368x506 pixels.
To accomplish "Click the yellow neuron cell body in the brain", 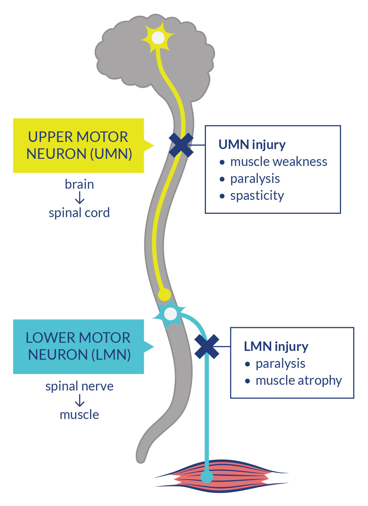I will pyautogui.click(x=158, y=38).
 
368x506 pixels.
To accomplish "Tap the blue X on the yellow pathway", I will pyautogui.click(x=181, y=145).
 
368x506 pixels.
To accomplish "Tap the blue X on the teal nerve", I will pyautogui.click(x=207, y=346).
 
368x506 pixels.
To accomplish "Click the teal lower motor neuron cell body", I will pyautogui.click(x=170, y=314).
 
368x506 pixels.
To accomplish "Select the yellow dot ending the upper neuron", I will pyautogui.click(x=165, y=295).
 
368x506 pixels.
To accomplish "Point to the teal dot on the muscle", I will pyautogui.click(x=207, y=477).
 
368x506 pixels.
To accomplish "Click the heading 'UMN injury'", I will pyautogui.click(x=252, y=145).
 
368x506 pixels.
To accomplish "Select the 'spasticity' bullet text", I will pyautogui.click(x=257, y=196).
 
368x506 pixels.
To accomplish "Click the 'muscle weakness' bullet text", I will pyautogui.click(x=278, y=162).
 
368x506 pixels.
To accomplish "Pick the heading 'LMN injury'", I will pyautogui.click(x=276, y=346).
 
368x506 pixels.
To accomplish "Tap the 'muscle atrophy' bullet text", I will pyautogui.click(x=298, y=380).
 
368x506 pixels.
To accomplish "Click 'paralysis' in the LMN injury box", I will pyautogui.click(x=280, y=364).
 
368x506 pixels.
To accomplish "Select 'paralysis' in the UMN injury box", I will pyautogui.click(x=255, y=179).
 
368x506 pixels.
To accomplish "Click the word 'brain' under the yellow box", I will pyautogui.click(x=79, y=184).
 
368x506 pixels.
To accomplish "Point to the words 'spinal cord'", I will pyautogui.click(x=79, y=213).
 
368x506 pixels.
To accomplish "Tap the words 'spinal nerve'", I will pyautogui.click(x=79, y=386).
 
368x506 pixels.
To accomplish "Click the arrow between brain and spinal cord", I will pyautogui.click(x=80, y=198).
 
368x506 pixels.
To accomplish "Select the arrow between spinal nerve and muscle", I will pyautogui.click(x=80, y=400).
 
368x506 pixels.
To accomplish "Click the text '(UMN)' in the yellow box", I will pyautogui.click(x=111, y=154).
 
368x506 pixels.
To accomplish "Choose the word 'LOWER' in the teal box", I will pyautogui.click(x=50, y=338).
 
